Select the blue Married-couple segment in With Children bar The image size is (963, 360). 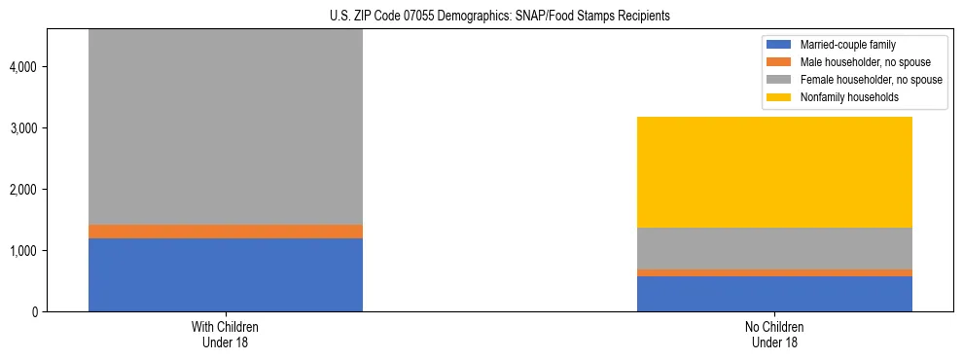pyautogui.click(x=225, y=274)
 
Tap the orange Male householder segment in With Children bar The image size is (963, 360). pyautogui.click(x=225, y=232)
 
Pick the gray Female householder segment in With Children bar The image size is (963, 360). pyautogui.click(x=225, y=126)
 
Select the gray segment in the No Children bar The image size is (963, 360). pyautogui.click(x=774, y=248)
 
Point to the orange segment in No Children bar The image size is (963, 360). pyautogui.click(x=774, y=272)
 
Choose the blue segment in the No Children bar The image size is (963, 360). pyautogui.click(x=774, y=294)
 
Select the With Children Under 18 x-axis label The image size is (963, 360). pyautogui.click(x=225, y=335)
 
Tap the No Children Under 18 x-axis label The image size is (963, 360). pyautogui.click(x=774, y=335)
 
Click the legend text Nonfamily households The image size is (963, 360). pyautogui.click(x=841, y=97)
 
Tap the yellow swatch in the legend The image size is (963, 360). pyautogui.click(x=779, y=97)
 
